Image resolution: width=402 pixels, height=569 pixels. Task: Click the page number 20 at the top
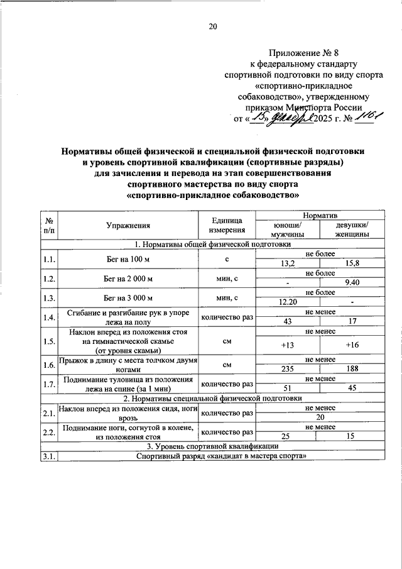(x=212, y=27)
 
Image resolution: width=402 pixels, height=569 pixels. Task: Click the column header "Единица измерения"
(x=227, y=224)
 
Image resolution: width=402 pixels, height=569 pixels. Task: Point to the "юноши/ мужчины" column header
(x=287, y=229)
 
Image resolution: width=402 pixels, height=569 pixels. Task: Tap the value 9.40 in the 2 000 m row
(x=352, y=283)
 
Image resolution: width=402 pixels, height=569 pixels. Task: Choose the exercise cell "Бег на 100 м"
(x=128, y=259)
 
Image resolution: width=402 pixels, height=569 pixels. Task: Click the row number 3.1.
(x=48, y=457)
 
